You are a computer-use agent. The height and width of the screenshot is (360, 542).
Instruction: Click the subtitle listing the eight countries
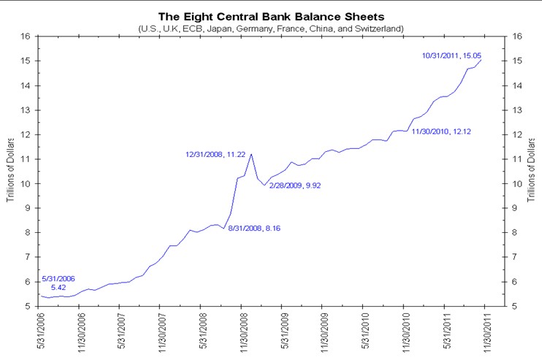click(270, 27)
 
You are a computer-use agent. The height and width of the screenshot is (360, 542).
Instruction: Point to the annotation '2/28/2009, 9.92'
click(295, 185)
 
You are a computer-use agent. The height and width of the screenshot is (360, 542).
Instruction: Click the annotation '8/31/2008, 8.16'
click(254, 229)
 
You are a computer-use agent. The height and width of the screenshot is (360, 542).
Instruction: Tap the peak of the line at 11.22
click(251, 153)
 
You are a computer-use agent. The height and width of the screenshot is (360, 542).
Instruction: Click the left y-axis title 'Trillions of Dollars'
click(11, 170)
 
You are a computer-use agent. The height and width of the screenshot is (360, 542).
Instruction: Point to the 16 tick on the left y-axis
click(26, 36)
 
